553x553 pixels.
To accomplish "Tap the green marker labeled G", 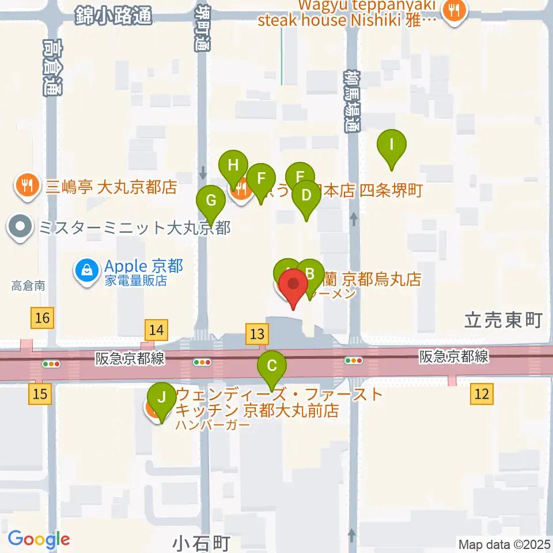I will click(211, 202).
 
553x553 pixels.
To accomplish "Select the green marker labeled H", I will click(233, 166).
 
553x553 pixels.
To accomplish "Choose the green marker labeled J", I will click(162, 398).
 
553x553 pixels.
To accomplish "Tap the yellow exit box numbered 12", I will click(482, 394).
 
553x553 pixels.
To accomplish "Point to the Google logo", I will click(39, 540).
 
